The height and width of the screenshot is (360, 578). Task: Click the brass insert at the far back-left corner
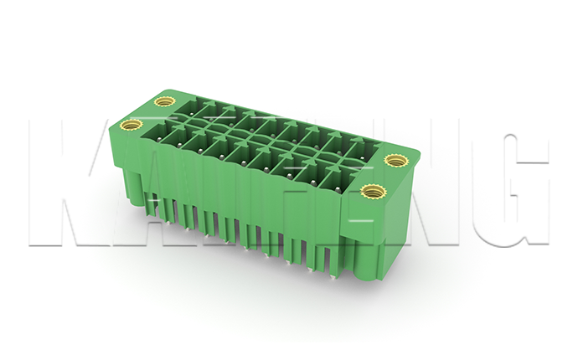(x=164, y=102)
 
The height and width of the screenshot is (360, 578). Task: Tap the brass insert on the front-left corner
(x=128, y=126)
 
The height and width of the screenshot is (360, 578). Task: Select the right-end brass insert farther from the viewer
(x=394, y=160)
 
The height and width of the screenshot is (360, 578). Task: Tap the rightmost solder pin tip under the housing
(x=334, y=276)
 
